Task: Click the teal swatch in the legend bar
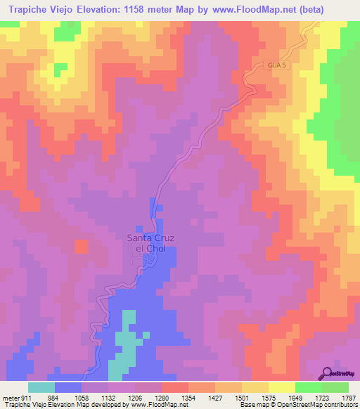(41, 387)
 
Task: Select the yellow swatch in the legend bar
(281, 387)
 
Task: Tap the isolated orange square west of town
(82, 247)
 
